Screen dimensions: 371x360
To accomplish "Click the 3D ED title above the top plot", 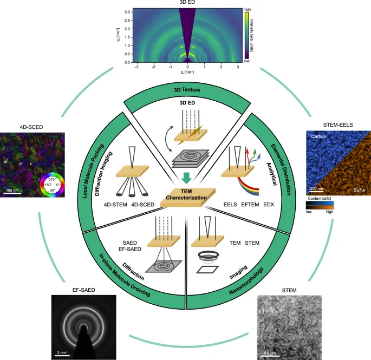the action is point(186,3).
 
